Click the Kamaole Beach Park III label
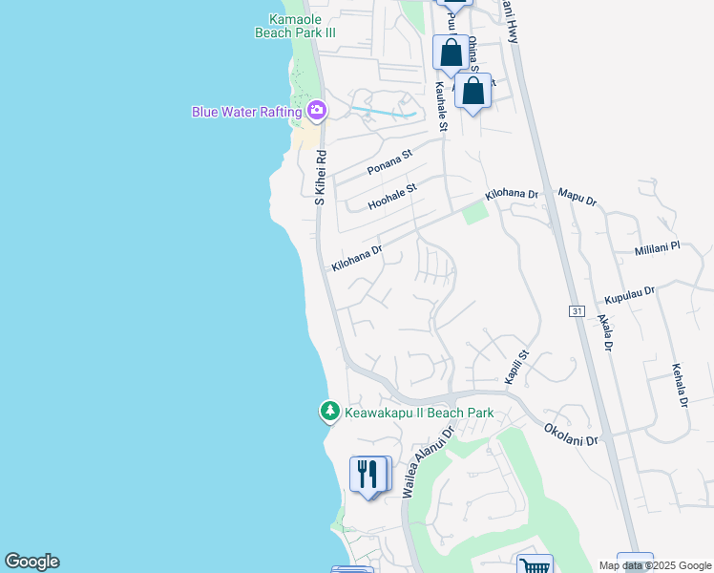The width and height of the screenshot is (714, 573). coord(296,25)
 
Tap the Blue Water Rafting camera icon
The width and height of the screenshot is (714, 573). coord(318,112)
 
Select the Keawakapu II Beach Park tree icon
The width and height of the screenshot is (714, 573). coord(329,413)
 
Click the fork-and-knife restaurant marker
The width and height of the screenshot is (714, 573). coord(368,474)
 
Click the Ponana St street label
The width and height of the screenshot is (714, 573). coord(389,162)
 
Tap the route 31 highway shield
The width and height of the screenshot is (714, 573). coord(576,311)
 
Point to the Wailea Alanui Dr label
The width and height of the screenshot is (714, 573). coord(425,462)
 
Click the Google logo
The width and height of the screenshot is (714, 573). coord(31,562)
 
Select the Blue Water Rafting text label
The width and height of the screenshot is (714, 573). coord(246,112)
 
